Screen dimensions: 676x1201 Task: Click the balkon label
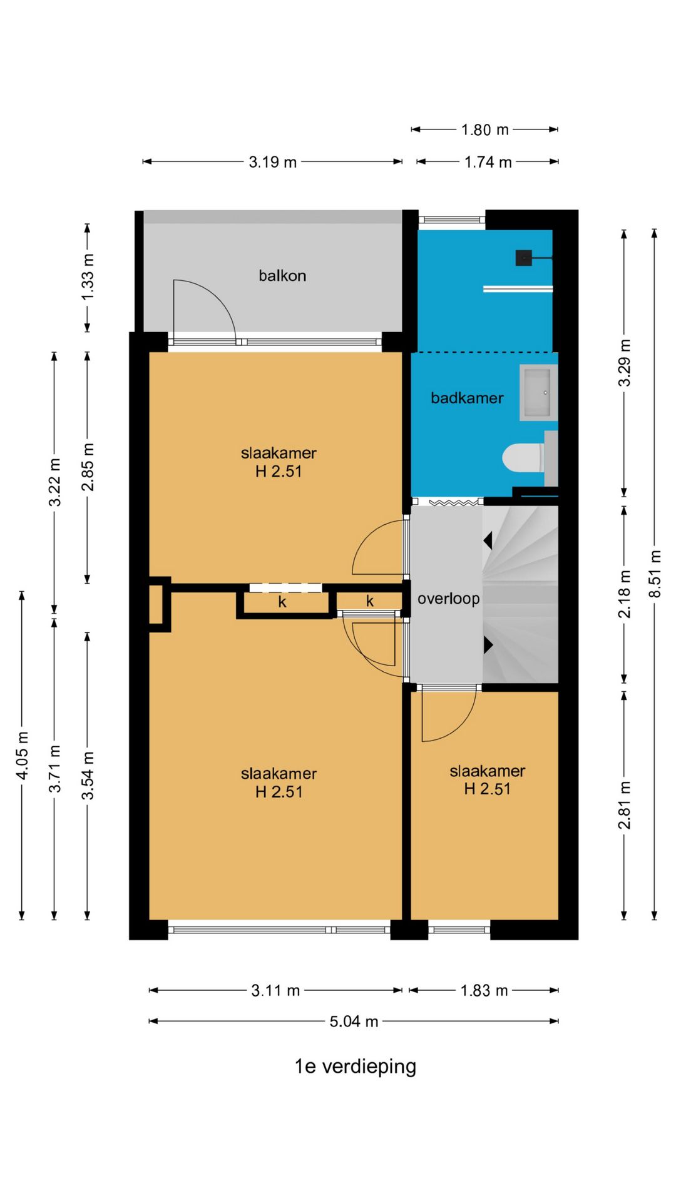tap(282, 275)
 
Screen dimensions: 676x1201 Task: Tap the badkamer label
tap(467, 398)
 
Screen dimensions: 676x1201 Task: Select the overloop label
tap(449, 599)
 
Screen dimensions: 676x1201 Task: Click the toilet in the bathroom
tap(523, 458)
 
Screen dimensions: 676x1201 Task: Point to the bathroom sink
tap(537, 392)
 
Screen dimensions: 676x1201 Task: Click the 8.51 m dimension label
tap(655, 574)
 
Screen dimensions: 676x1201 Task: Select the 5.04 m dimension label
tap(354, 1021)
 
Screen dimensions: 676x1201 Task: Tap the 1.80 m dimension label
tap(485, 129)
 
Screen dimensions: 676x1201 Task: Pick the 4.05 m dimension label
tap(22, 756)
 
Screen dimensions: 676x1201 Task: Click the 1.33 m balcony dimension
tap(88, 276)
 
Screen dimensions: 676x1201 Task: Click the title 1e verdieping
tap(356, 1067)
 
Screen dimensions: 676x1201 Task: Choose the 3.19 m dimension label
tap(273, 162)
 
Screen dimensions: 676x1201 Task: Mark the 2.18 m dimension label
tap(624, 594)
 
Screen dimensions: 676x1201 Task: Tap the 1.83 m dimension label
tap(484, 991)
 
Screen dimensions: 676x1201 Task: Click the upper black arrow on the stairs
tap(488, 540)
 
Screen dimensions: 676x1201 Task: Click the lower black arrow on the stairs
tap(488, 645)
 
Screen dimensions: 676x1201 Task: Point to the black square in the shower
tap(523, 258)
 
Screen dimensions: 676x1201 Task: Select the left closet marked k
tap(283, 602)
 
